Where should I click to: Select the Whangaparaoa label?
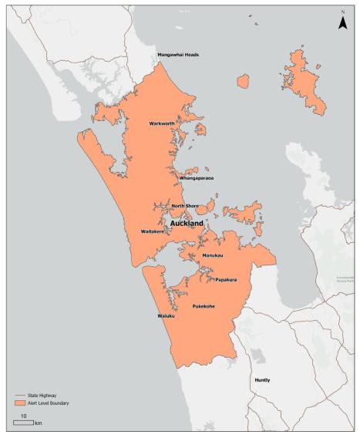196,178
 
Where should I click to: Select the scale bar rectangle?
23,423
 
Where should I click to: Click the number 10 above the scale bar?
24,416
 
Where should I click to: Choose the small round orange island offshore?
244,81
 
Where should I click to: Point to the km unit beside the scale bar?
38,423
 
